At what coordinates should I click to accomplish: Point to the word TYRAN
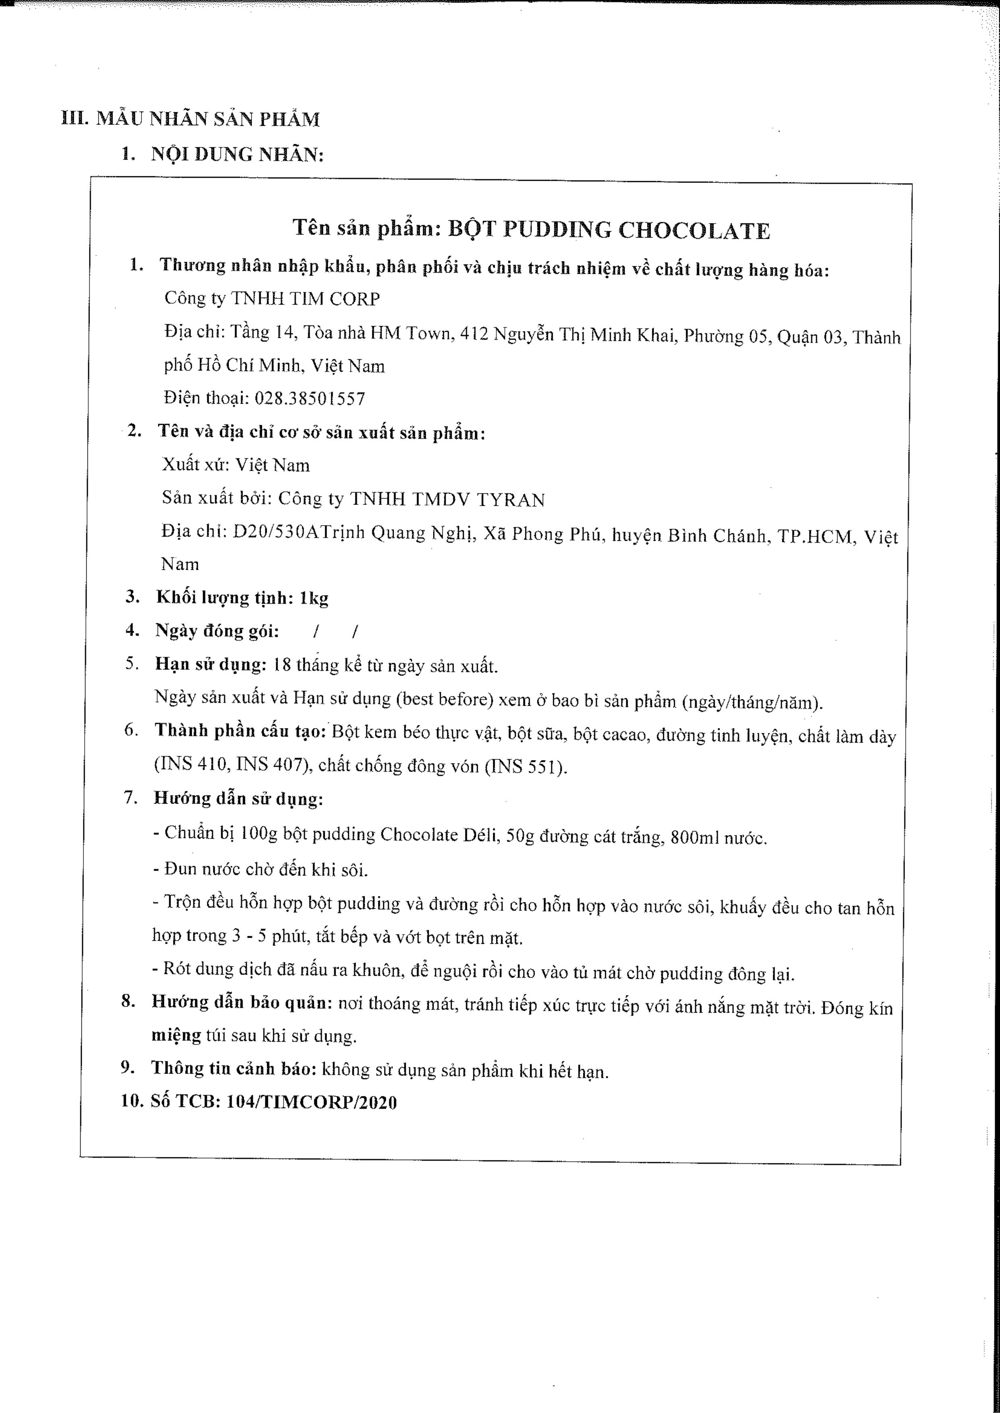coord(510,500)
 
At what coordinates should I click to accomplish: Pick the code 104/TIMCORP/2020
coord(311,1102)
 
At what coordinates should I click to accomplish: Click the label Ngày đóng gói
coord(217,631)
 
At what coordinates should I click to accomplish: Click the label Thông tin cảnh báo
coord(234,1068)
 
